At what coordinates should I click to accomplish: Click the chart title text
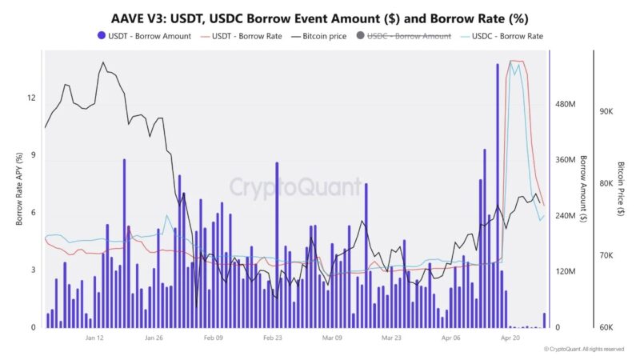(x=319, y=17)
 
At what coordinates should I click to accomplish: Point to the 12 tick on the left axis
(x=32, y=98)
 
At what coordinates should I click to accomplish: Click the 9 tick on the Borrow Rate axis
(x=34, y=155)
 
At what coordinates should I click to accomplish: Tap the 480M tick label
(x=566, y=105)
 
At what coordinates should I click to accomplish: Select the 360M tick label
(x=566, y=160)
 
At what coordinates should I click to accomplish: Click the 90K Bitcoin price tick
(x=606, y=112)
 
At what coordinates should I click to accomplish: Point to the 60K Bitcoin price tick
(x=606, y=327)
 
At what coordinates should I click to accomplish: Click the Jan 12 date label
(x=94, y=338)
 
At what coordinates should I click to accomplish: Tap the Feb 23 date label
(x=274, y=338)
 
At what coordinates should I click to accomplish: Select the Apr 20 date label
(x=512, y=338)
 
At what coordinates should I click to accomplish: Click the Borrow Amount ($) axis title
(x=583, y=189)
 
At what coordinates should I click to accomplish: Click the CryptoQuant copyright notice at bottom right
(x=583, y=350)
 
